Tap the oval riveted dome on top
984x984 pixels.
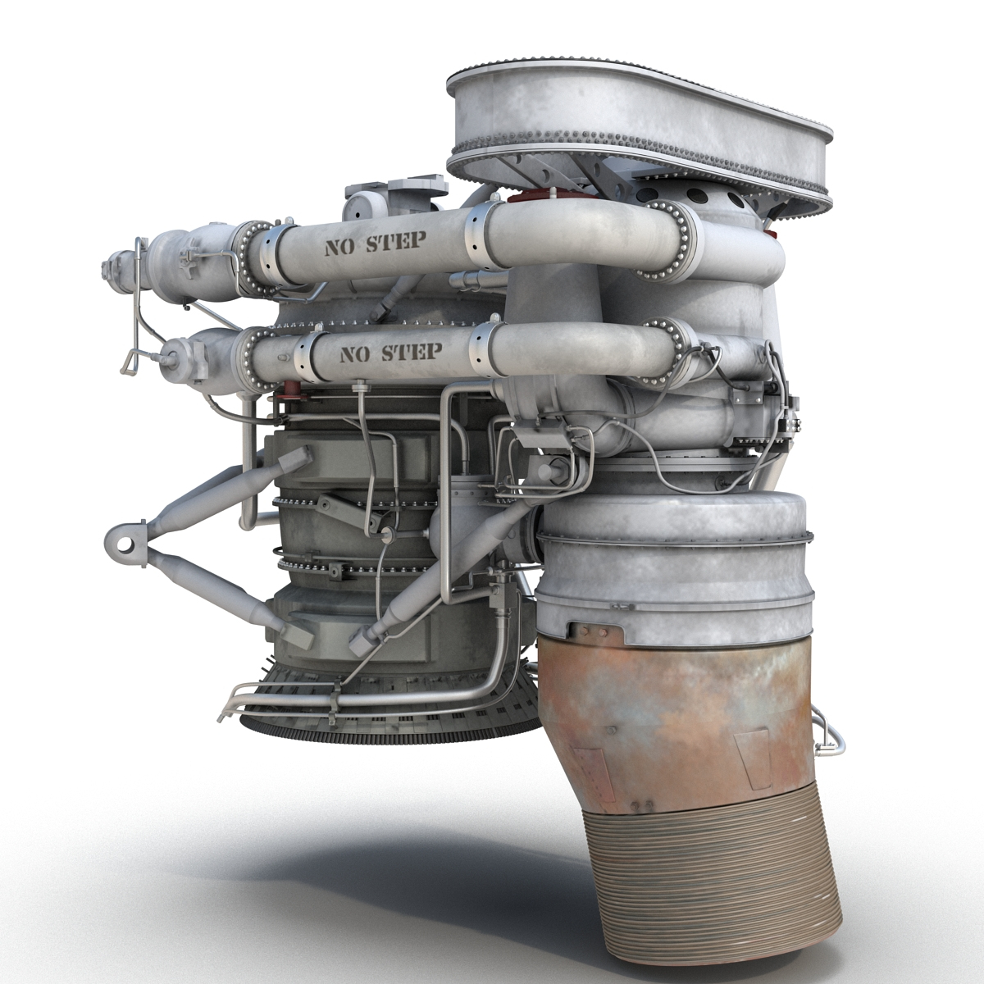pyautogui.click(x=640, y=115)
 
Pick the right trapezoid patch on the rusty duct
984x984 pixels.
pyautogui.click(x=752, y=750)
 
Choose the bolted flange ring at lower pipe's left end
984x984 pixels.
pyautogui.click(x=249, y=358)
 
